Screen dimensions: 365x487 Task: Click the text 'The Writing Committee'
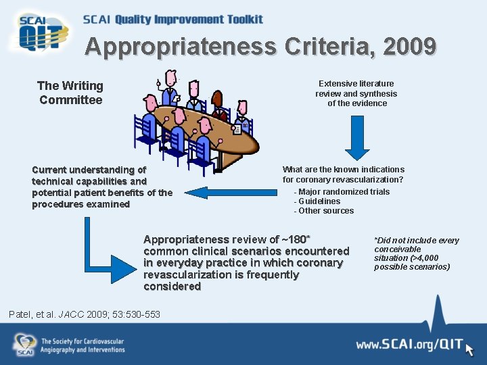[70, 93]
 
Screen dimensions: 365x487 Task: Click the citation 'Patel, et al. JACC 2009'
[85, 314]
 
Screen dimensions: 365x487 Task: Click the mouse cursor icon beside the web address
[469, 349]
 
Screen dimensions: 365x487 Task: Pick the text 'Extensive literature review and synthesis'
[357, 89]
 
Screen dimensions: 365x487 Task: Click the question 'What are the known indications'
[343, 170]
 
